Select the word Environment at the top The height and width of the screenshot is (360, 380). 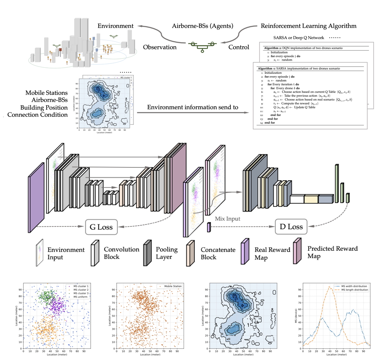116,26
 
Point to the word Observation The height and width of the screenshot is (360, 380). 159,47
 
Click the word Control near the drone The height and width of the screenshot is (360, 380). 239,47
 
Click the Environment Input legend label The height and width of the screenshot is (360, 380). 66,254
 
